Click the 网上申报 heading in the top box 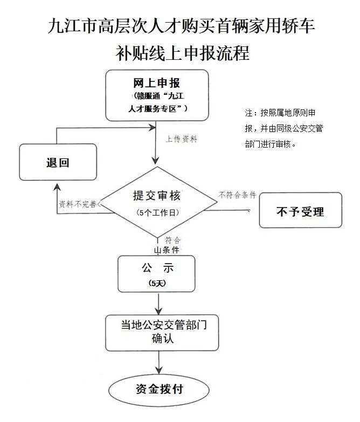tap(157, 83)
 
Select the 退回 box tap(58, 162)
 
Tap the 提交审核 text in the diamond tap(157, 196)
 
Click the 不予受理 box tap(301, 210)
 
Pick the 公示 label tap(158, 268)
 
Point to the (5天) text tap(157, 283)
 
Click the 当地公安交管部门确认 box tap(162, 333)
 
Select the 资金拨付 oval tap(159, 390)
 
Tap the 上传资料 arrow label tap(182, 139)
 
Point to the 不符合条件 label tap(237, 195)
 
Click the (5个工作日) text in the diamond tap(158, 213)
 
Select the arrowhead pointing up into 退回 tap(57, 187)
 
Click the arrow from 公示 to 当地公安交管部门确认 tap(159, 304)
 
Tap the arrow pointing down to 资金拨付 tap(159, 362)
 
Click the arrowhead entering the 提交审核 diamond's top tap(155, 161)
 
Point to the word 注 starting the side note tap(248, 113)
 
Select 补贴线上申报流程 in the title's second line tap(183, 53)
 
